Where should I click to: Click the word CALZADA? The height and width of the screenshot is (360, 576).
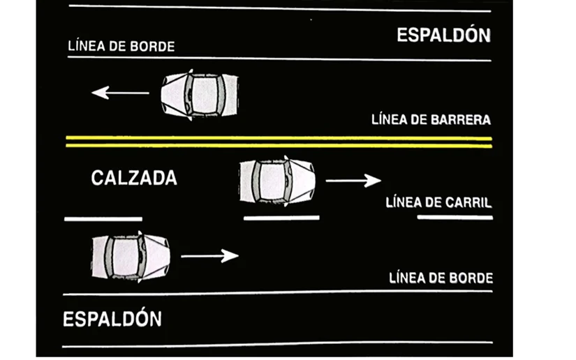pos(134,178)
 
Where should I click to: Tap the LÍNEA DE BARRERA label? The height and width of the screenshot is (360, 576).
pos(431,119)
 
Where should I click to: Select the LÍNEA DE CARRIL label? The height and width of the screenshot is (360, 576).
pos(438,203)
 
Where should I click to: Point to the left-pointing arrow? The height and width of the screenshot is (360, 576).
pos(120,92)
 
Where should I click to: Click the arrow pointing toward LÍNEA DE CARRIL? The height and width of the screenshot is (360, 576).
pos(353,181)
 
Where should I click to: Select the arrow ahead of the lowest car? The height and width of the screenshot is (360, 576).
pos(209,255)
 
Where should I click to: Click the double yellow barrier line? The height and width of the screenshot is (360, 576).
pos(279,141)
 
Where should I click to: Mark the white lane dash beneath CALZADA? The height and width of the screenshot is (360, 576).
pos(103,218)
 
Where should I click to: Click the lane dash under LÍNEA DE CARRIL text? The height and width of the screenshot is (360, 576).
pos(455,218)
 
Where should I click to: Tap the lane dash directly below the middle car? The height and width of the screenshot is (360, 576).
pos(281,218)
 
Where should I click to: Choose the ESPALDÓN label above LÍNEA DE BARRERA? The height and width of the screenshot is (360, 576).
pos(443,35)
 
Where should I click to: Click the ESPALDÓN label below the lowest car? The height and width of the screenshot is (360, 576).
pos(112,319)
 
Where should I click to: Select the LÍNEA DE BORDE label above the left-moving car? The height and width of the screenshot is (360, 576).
pos(121,47)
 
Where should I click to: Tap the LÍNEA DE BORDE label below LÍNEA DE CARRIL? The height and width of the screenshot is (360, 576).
pos(441,278)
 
